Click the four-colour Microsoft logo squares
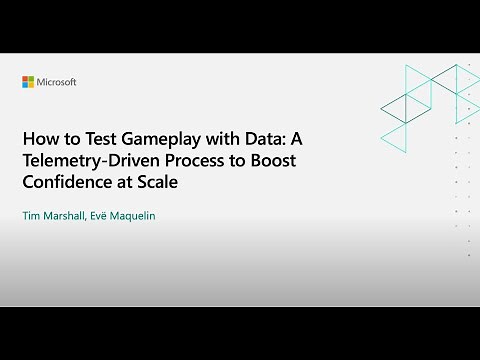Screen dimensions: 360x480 [x=28, y=82]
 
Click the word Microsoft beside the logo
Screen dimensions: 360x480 [x=56, y=82]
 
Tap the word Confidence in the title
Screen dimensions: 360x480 [x=67, y=184]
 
